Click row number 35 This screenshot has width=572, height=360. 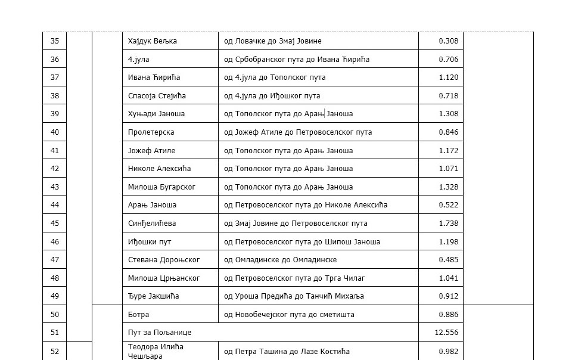tap(55, 41)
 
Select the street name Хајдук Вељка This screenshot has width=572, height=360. tap(153, 41)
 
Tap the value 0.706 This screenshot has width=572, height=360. tap(448, 59)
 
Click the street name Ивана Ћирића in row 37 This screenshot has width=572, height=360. tap(154, 77)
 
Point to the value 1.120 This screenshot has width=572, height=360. tap(448, 77)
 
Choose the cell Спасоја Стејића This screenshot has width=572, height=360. tap(157, 95)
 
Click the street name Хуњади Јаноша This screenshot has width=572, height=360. tap(156, 114)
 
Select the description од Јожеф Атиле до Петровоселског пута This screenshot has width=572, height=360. tap(306, 132)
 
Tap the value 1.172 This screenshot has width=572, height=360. tap(448, 150)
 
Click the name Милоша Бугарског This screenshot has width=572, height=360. tap(161, 187)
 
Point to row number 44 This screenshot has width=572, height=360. tap(55, 205)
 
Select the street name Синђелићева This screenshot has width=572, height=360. tap(152, 224)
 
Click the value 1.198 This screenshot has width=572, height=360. tap(448, 242)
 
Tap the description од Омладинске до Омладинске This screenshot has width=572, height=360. tap(280, 260)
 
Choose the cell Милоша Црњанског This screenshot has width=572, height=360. tap(164, 278)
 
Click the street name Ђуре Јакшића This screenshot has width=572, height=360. tap(153, 296)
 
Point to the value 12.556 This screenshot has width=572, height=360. tap(446, 333)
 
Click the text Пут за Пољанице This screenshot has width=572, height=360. tap(160, 333)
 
